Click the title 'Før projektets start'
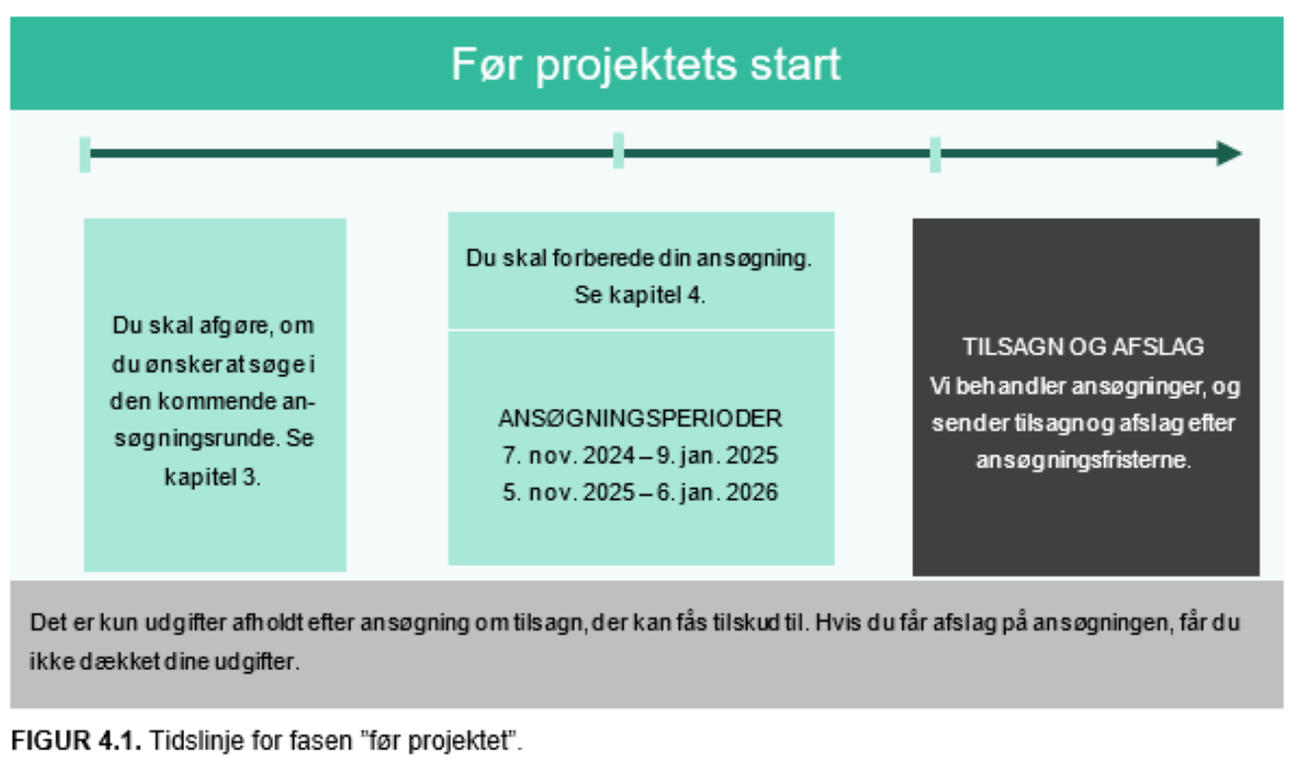click(646, 64)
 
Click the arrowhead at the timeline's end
click(1230, 153)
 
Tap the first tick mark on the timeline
click(85, 154)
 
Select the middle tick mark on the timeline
click(618, 151)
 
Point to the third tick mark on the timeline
click(935, 154)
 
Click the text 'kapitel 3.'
click(213, 477)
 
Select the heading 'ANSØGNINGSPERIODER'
click(640, 419)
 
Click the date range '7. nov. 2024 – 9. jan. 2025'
click(640, 456)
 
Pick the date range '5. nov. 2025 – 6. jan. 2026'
click(640, 492)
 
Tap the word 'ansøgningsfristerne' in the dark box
click(1082, 461)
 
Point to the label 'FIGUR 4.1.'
click(76, 741)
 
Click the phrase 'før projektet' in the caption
click(458, 741)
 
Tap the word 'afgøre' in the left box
click(231, 326)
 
